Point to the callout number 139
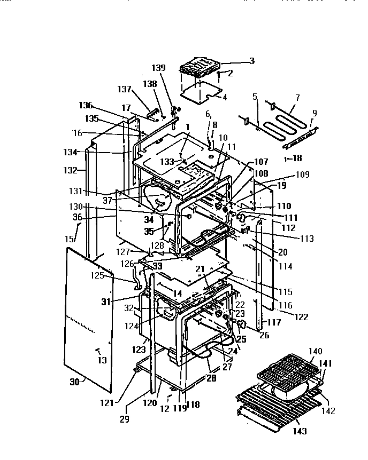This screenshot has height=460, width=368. (x=159, y=68)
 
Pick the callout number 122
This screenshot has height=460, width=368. (x=302, y=317)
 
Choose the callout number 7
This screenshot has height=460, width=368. (x=297, y=98)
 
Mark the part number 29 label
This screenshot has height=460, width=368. (x=124, y=420)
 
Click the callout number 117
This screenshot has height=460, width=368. (x=274, y=322)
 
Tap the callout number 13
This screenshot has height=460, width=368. (x=101, y=361)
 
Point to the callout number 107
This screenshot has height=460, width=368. (x=261, y=162)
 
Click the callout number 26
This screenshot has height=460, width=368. (x=263, y=336)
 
